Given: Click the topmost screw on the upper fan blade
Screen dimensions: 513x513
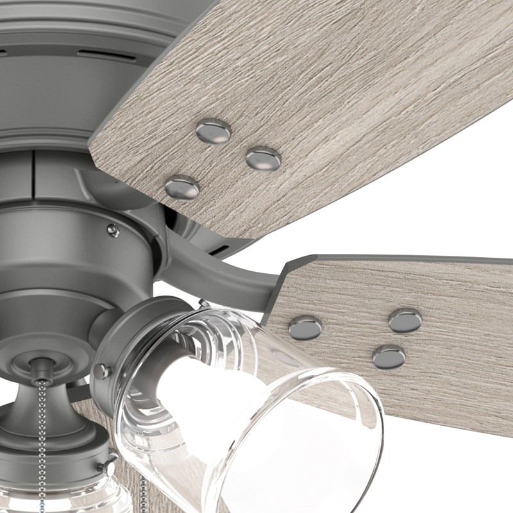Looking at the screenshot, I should (213, 131).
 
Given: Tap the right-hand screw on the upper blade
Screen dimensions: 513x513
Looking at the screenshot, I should (264, 159).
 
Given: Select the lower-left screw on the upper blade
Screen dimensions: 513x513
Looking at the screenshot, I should (182, 187).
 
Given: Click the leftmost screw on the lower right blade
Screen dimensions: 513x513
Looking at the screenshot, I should (305, 328).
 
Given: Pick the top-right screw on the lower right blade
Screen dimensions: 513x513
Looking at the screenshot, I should (405, 320).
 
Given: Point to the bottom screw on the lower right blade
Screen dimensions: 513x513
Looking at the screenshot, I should (389, 357).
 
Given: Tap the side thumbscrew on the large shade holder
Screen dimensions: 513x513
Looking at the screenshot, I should (101, 371).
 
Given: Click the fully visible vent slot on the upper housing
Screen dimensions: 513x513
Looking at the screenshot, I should (106, 55).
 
